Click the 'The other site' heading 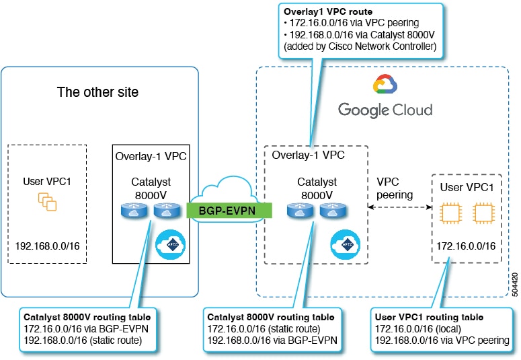click(x=97, y=92)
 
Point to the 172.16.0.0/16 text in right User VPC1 click(x=467, y=246)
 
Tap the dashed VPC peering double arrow click(x=399, y=209)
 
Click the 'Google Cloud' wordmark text click(x=385, y=109)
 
